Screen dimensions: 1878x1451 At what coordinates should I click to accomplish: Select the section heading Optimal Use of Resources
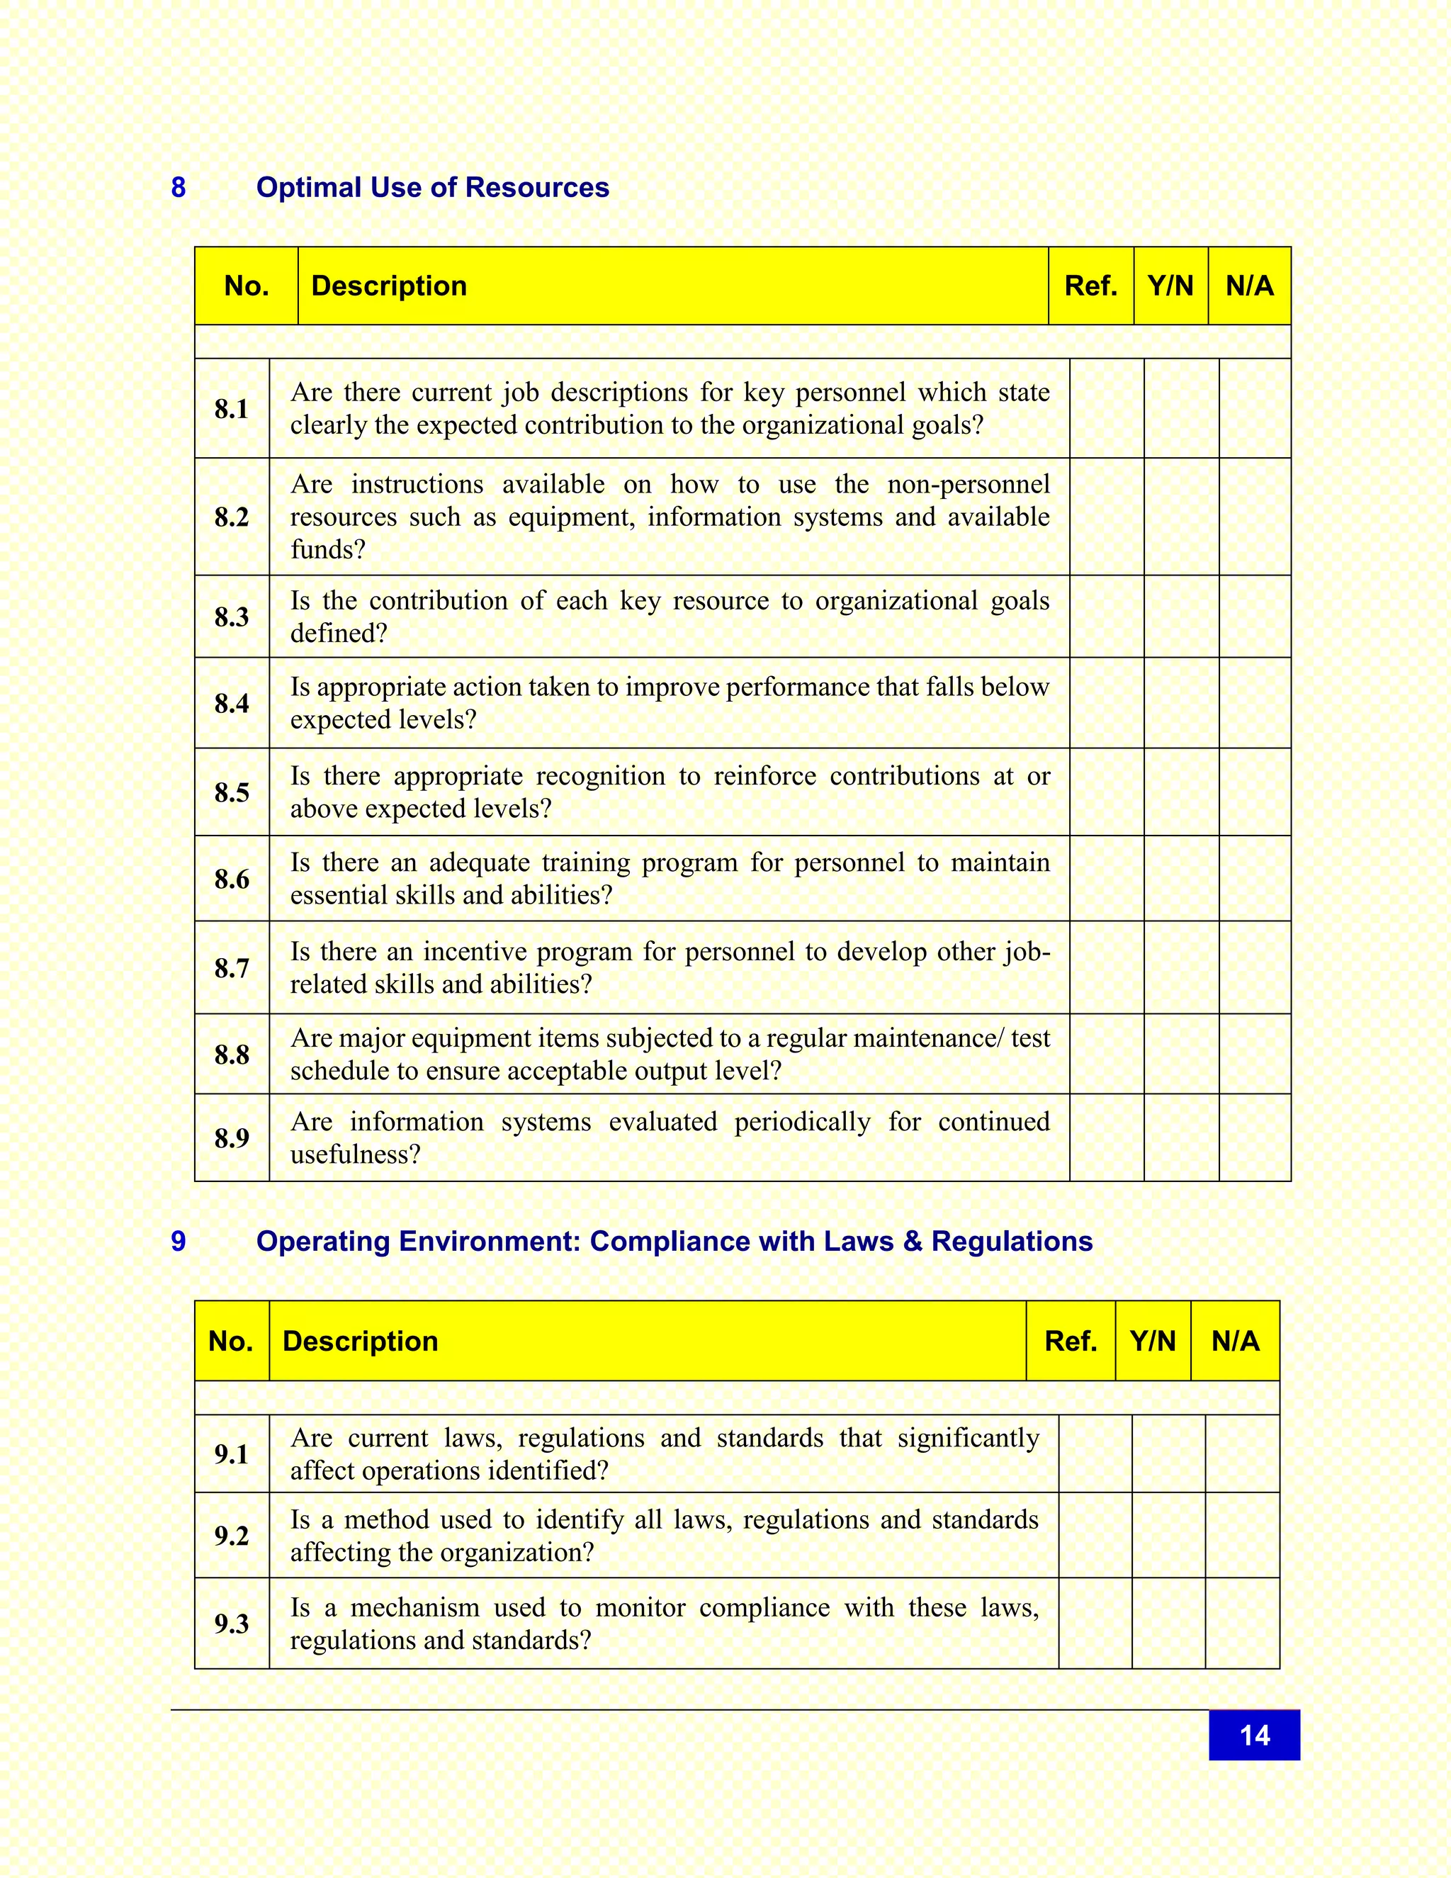point(432,188)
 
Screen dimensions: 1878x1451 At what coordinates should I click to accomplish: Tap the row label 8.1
point(231,408)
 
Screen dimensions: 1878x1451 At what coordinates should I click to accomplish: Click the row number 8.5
point(231,792)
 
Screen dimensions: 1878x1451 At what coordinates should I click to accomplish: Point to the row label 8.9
point(231,1137)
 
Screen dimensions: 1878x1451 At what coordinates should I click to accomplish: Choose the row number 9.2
point(231,1535)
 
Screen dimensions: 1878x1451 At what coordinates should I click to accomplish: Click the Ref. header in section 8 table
point(1090,286)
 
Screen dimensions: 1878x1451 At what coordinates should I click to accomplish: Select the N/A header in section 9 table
point(1234,1341)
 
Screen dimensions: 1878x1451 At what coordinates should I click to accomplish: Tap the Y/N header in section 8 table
point(1170,286)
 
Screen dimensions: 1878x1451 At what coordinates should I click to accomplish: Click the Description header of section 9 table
point(360,1341)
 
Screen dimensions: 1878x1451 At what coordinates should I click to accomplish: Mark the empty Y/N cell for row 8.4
point(1181,702)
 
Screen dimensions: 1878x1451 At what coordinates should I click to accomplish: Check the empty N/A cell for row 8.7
point(1254,967)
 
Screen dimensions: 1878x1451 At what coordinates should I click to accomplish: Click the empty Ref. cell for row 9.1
point(1094,1454)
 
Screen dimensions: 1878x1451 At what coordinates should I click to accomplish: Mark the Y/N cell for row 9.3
point(1168,1623)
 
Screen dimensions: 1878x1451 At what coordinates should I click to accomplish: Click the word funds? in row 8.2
point(327,549)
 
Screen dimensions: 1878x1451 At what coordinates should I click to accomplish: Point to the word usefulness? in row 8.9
point(355,1154)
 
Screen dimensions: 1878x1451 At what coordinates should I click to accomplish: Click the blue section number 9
point(178,1241)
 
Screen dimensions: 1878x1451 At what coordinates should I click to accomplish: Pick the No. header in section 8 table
point(246,286)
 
